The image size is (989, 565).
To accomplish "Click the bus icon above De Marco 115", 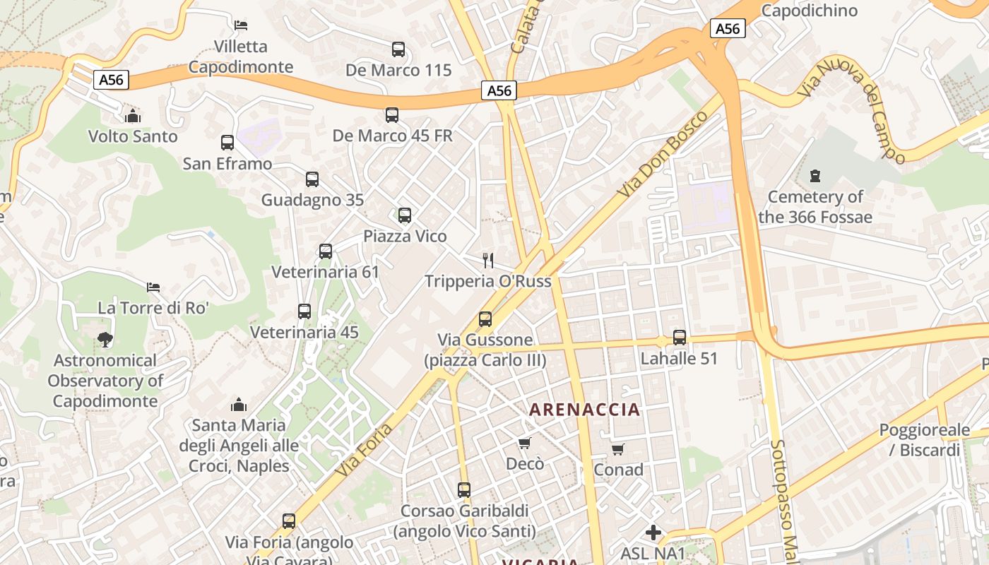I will point(398,49).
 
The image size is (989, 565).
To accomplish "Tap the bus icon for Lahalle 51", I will point(680,338).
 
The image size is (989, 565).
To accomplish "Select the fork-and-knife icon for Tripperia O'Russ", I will point(488,260).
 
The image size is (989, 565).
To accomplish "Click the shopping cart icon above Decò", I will point(524,443).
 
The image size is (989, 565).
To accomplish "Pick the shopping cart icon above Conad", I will point(618,449).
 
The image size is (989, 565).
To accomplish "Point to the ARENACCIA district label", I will point(585,410).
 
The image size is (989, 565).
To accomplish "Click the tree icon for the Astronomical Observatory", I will point(105,340).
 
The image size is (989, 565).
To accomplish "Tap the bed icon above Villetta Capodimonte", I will point(241,25).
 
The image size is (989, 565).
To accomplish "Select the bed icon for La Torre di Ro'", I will point(153,287).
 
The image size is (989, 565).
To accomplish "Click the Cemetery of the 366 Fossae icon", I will point(815,175).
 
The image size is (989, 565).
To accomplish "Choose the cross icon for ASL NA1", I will point(653,532).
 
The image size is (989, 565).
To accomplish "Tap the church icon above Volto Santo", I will point(133,115).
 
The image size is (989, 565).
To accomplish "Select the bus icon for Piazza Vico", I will point(405,215).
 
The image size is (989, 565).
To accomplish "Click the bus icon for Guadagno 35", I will point(312,179).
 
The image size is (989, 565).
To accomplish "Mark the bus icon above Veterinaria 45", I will point(304,311).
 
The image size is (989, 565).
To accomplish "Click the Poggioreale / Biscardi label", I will point(920,440).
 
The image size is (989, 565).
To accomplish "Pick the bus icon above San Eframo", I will point(227,143).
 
